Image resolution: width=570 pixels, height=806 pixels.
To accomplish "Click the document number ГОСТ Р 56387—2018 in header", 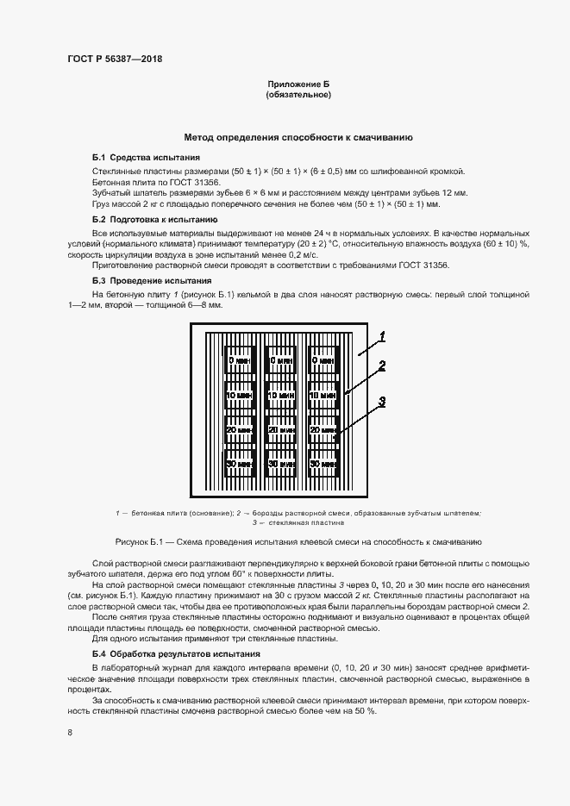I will click(115, 59).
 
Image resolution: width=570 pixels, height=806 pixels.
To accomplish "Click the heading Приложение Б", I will click(298, 84).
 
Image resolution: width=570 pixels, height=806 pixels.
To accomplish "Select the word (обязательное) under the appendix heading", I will click(298, 95).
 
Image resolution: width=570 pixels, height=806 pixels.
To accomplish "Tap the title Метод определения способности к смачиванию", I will click(298, 137).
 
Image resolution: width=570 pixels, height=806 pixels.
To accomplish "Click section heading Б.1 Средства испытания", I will click(146, 158).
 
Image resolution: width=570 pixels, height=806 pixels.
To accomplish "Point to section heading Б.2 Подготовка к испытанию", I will click(155, 221).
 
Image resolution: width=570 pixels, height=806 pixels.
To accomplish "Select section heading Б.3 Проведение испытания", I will click(151, 281).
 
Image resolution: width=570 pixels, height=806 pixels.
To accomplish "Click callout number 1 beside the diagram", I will click(381, 335).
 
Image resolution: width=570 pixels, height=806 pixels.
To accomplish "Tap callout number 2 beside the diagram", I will click(381, 366).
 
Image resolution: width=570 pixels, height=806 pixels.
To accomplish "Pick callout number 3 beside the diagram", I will click(381, 402).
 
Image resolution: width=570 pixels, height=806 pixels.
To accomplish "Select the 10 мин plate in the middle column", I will click(281, 396).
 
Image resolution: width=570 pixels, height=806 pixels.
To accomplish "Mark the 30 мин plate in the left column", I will click(239, 463).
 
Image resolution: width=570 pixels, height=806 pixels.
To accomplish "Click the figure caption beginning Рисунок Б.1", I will click(298, 541).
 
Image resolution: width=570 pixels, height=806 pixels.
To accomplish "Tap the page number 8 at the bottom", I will click(69, 733).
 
